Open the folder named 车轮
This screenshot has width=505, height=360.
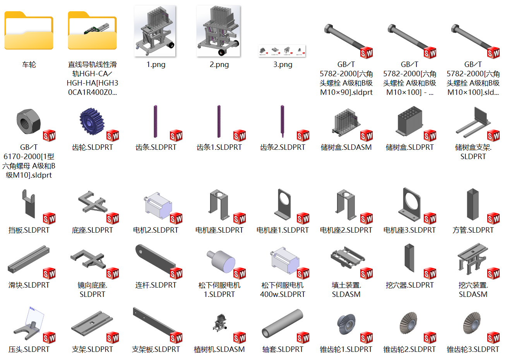click(29, 31)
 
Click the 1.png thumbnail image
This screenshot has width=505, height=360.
click(155, 31)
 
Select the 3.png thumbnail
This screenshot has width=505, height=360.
click(282, 51)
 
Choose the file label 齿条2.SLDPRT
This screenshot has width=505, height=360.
click(282, 147)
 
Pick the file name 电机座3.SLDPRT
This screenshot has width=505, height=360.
click(409, 230)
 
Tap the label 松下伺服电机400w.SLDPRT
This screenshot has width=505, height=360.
click(282, 290)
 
